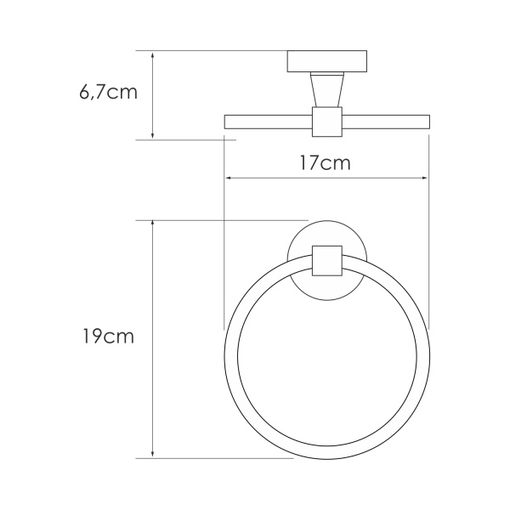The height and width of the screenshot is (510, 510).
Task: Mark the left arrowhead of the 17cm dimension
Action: click(229, 178)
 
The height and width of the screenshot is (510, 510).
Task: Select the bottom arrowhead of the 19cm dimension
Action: click(152, 454)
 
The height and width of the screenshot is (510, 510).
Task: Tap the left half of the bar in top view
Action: click(268, 122)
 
